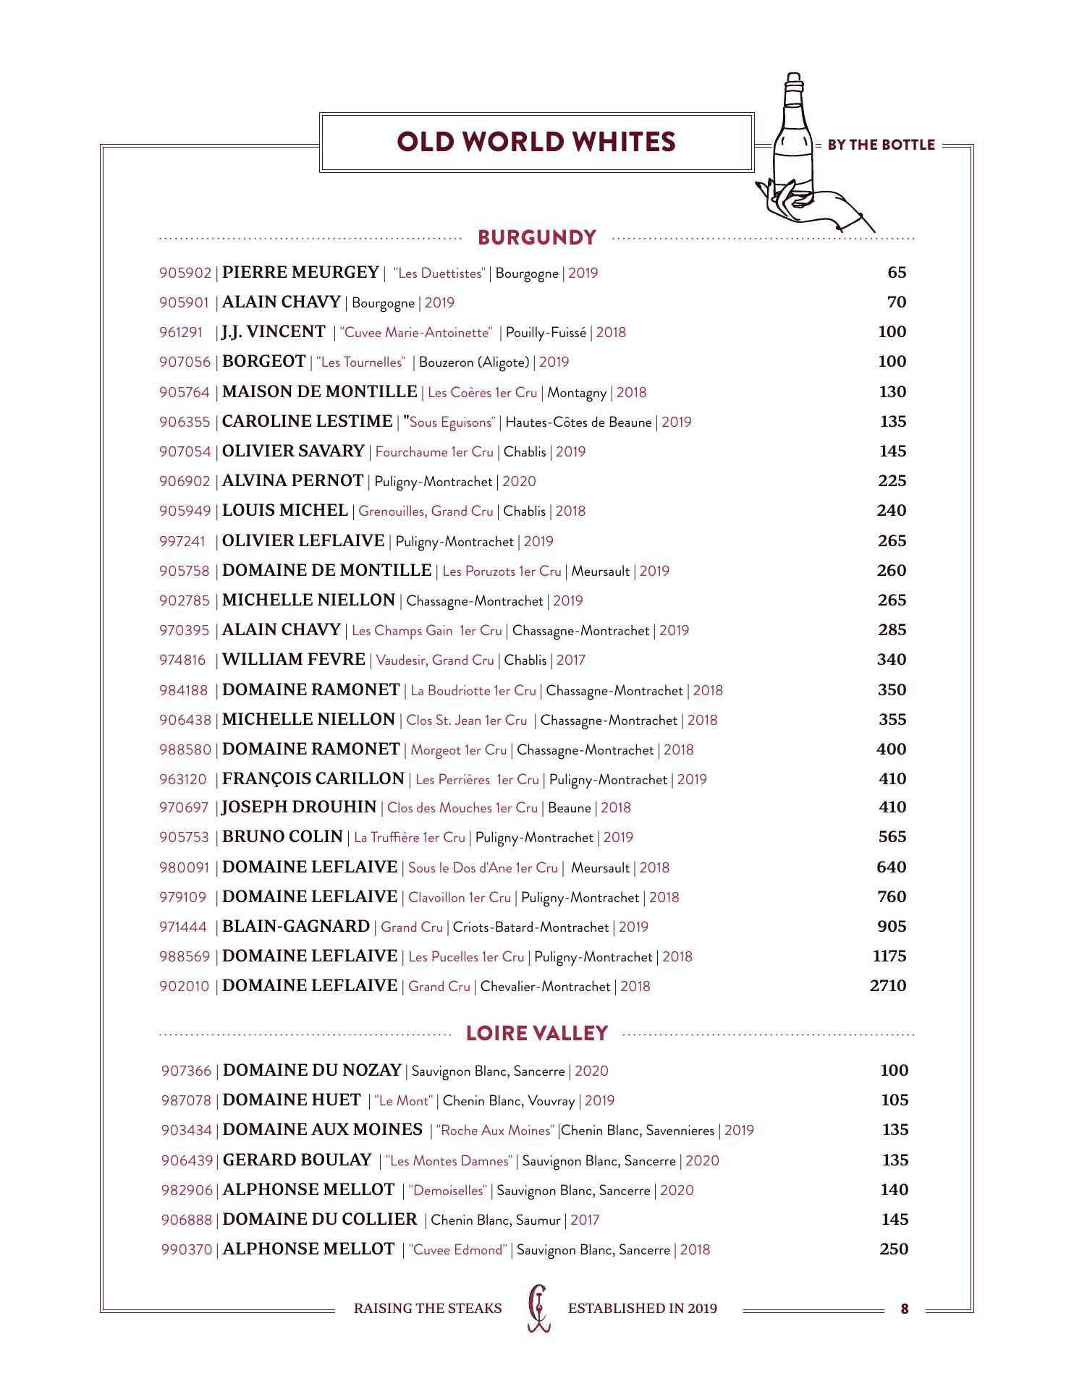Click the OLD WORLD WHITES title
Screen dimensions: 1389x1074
coord(536,142)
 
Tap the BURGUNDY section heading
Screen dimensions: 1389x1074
coord(537,237)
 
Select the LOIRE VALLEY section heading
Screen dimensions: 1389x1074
coord(537,1033)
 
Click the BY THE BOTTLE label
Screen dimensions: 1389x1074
coord(881,145)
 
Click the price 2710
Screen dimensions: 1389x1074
coord(888,986)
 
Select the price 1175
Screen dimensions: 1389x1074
coord(889,956)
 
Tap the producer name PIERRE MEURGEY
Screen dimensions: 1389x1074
coord(300,273)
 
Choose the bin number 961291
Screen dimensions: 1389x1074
coord(181,333)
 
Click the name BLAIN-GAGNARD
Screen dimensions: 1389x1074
coord(296,927)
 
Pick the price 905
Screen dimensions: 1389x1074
coord(892,927)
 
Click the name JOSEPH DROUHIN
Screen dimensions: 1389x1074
coord(299,807)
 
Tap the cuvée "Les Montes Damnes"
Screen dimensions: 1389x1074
coord(449,1161)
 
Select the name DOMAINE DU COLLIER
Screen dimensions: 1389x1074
coord(320,1220)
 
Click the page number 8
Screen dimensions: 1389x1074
coord(905,1308)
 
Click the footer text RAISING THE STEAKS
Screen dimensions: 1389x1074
coord(427,1308)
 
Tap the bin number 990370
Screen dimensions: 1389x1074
coord(187,1250)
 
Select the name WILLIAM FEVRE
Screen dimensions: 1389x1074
coord(294,660)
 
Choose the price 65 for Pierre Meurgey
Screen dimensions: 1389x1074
coord(897,273)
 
